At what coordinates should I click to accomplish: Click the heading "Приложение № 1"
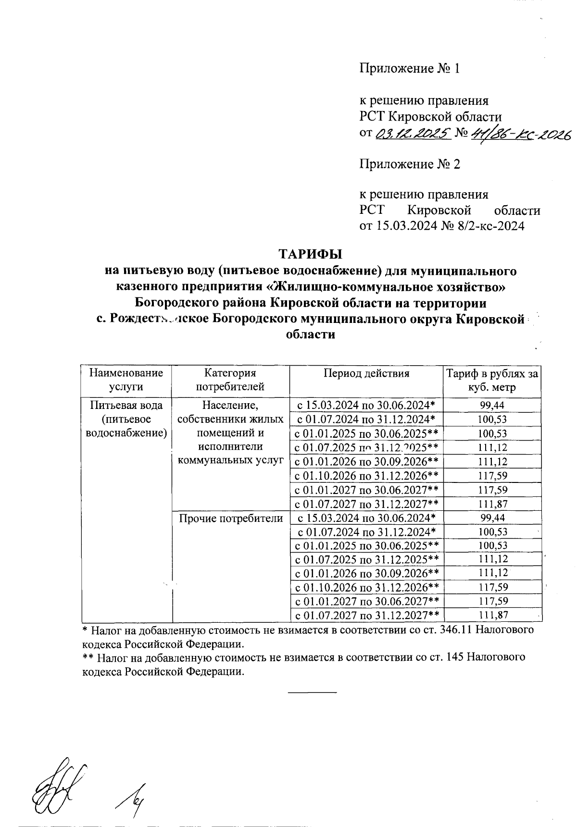point(410,69)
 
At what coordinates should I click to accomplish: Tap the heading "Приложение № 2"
point(410,165)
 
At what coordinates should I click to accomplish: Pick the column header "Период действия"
point(366,373)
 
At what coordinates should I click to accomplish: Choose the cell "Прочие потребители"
point(231,518)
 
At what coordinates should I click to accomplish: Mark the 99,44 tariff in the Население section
point(492,406)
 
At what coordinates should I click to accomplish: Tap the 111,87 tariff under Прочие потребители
point(492,615)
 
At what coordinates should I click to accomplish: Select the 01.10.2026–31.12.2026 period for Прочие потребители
point(366,587)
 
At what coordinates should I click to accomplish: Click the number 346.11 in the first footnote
point(457,630)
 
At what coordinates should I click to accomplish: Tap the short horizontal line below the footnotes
point(313,692)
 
